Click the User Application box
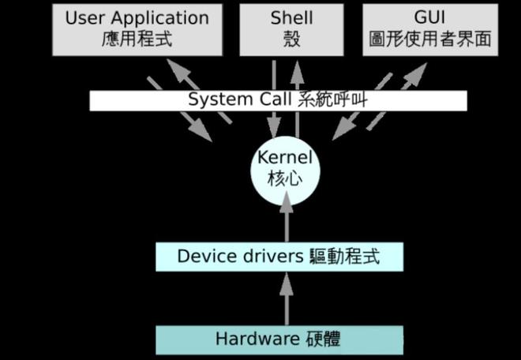[x=137, y=28]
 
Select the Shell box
[x=291, y=28]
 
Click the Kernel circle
[x=285, y=168]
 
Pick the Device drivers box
[x=279, y=257]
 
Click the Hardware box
[x=279, y=339]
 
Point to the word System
[x=213, y=100]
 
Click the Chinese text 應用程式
[x=137, y=39]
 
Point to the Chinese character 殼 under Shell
[x=291, y=39]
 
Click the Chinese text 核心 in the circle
[x=285, y=178]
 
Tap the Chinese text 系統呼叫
[x=332, y=100]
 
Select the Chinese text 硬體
[x=324, y=339]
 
